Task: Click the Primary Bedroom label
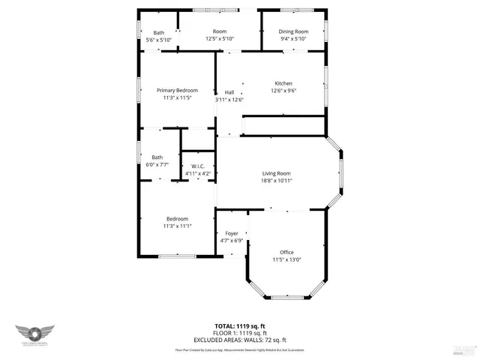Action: click(x=177, y=90)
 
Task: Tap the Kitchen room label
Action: click(x=283, y=83)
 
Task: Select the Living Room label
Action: click(x=277, y=173)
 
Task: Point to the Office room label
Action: click(x=286, y=252)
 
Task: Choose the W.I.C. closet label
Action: click(x=198, y=166)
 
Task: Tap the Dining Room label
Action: click(x=294, y=32)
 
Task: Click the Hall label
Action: click(x=229, y=92)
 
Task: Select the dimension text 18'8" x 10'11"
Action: click(x=277, y=181)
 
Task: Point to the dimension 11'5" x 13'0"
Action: click(x=286, y=259)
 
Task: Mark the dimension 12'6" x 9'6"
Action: click(x=283, y=91)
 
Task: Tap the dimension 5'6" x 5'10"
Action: click(x=159, y=40)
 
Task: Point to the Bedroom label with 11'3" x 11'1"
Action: click(x=177, y=218)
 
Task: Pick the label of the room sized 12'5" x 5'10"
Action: click(x=219, y=31)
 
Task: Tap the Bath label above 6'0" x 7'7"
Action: click(x=156, y=157)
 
